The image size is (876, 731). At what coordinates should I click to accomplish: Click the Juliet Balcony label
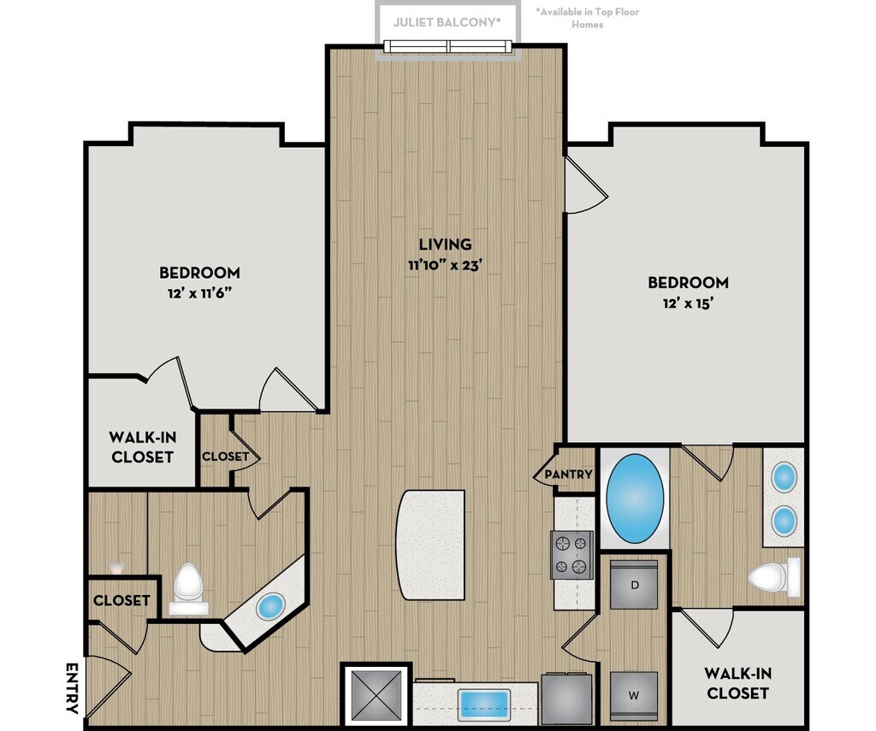[447, 22]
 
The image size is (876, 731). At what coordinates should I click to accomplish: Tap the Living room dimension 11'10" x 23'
[445, 265]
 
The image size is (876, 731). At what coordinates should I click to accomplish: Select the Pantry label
[568, 475]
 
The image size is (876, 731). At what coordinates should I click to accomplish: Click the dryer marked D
[634, 585]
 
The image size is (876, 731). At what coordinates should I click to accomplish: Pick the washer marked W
[634, 696]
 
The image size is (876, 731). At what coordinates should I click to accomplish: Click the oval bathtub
[636, 498]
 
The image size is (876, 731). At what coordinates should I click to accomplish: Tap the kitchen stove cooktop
[572, 555]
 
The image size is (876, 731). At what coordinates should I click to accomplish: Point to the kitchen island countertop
[430, 545]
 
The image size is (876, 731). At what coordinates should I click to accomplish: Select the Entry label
[72, 688]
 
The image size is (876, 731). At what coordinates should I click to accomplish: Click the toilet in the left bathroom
[187, 590]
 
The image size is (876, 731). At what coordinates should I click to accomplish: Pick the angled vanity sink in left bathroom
[271, 606]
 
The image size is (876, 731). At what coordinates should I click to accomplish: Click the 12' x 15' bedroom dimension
[689, 304]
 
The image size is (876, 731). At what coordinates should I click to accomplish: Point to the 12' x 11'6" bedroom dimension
[199, 293]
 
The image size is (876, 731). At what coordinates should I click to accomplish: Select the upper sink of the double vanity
[784, 477]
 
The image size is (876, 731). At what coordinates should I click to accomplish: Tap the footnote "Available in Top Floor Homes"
[588, 18]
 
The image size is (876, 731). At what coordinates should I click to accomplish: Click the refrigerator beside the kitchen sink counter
[566, 699]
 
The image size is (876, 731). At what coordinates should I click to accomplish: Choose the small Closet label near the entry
[121, 600]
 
